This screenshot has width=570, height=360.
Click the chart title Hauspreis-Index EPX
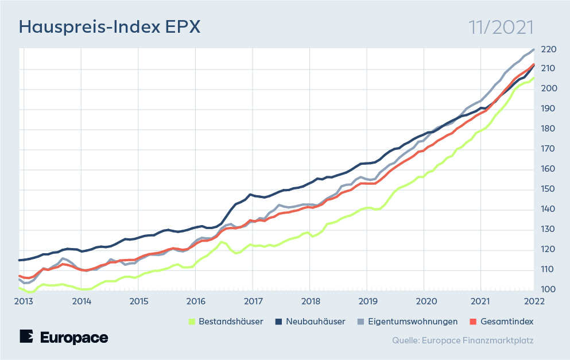(109, 27)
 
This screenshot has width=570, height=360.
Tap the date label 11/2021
(501, 27)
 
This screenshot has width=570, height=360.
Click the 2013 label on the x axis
(24, 301)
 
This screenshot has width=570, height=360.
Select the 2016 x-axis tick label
(195, 301)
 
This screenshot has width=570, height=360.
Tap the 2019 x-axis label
(367, 301)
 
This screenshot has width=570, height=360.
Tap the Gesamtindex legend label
(507, 322)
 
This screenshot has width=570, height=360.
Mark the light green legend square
(192, 322)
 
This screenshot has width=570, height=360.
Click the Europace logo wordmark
(64, 337)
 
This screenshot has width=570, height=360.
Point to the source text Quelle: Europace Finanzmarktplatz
(463, 340)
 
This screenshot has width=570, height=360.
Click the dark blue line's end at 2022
(534, 65)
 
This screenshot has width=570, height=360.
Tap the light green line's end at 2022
(534, 78)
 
